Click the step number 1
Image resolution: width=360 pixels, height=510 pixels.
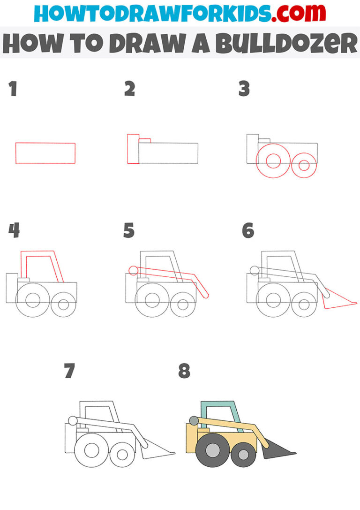(x=13, y=89)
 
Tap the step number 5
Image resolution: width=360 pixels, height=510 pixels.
(x=129, y=231)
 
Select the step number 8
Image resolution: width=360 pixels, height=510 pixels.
(x=184, y=371)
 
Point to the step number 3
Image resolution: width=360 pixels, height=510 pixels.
(x=244, y=89)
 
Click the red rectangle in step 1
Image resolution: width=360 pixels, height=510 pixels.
(x=45, y=153)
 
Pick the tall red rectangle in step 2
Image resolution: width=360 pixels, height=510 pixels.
(x=133, y=149)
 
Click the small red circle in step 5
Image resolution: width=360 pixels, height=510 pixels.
(x=133, y=270)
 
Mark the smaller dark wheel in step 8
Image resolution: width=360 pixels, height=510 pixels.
(x=243, y=454)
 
